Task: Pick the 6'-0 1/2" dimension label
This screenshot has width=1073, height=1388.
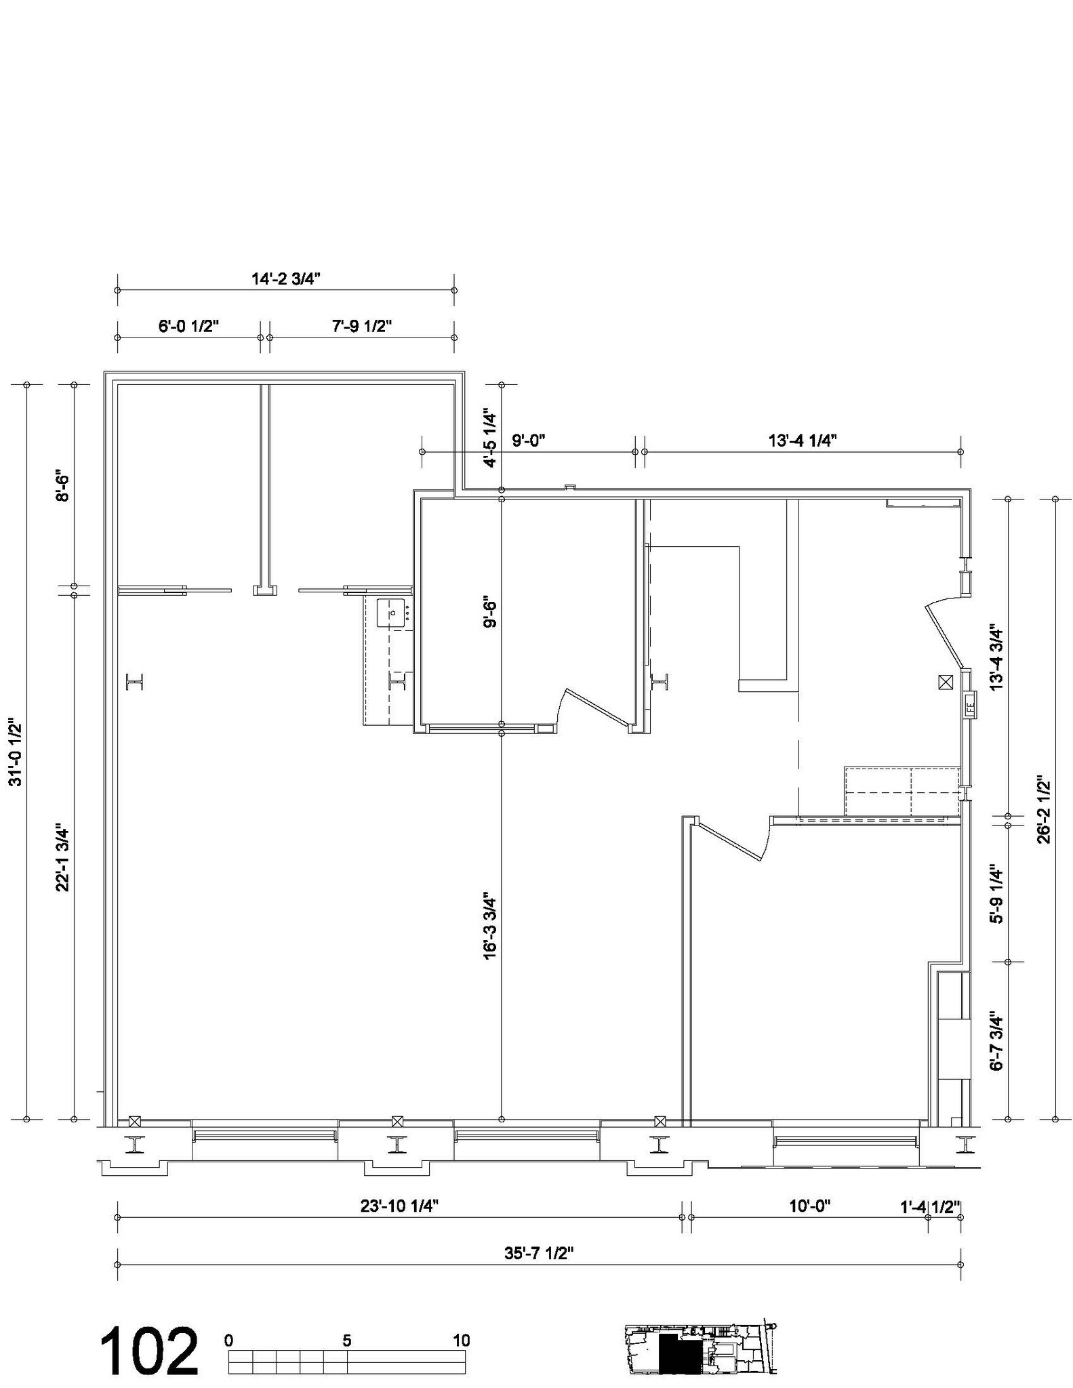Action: click(189, 326)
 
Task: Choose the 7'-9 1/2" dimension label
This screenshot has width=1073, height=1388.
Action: click(362, 326)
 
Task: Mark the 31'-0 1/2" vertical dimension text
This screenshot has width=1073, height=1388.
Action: click(15, 752)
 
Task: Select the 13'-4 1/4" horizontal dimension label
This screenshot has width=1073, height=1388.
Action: click(803, 441)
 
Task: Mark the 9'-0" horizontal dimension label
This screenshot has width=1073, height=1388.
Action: click(529, 441)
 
